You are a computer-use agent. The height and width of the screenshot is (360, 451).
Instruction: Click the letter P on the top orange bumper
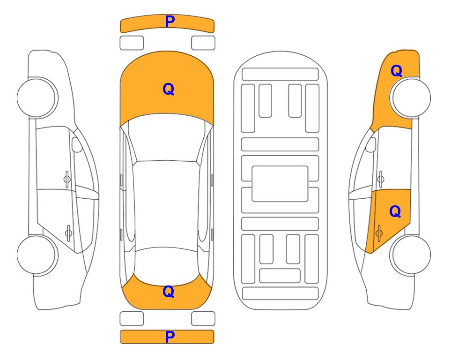pyautogui.click(x=170, y=22)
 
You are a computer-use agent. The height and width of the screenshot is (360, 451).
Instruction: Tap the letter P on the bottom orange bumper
pyautogui.click(x=170, y=337)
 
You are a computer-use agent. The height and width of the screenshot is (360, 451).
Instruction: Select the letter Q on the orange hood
pyautogui.click(x=169, y=89)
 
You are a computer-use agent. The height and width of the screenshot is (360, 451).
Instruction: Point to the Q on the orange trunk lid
pyautogui.click(x=169, y=292)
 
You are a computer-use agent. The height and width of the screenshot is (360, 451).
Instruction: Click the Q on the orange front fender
pyautogui.click(x=396, y=71)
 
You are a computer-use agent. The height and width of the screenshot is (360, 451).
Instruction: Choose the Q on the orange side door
pyautogui.click(x=395, y=212)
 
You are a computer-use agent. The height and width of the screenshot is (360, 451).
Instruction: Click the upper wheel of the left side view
pyautogui.click(x=37, y=97)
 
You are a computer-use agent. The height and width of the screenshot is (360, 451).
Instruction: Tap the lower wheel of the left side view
pyautogui.click(x=37, y=255)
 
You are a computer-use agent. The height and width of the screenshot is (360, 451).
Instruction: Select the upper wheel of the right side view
pyautogui.click(x=410, y=97)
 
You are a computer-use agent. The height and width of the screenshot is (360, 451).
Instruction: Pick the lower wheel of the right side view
pyautogui.click(x=410, y=255)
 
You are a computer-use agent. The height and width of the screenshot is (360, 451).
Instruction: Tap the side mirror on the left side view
pyautogui.click(x=76, y=144)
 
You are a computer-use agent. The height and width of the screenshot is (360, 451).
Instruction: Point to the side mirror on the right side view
pyautogui.click(x=371, y=144)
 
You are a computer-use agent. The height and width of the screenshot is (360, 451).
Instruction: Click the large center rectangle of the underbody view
pyautogui.click(x=280, y=184)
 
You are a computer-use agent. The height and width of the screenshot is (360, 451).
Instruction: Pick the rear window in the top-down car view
pyautogui.click(x=167, y=266)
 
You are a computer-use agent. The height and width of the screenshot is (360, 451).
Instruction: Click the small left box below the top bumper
pyautogui.click(x=132, y=43)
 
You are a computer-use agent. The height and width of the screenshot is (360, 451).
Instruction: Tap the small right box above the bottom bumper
pyautogui.click(x=203, y=319)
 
